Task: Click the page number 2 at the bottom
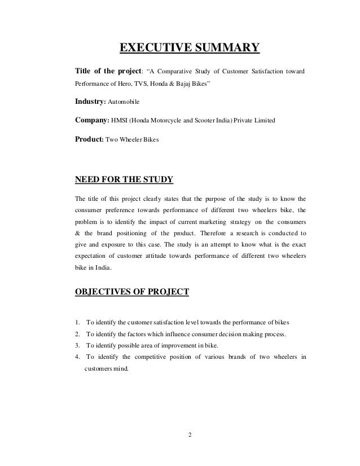tap(189, 434)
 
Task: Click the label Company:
tap(93, 120)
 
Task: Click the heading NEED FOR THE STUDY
tap(124, 181)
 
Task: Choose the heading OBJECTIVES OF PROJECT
tap(133, 292)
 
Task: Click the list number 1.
tap(77, 323)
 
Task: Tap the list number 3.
tap(77, 345)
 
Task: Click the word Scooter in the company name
tap(212, 121)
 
